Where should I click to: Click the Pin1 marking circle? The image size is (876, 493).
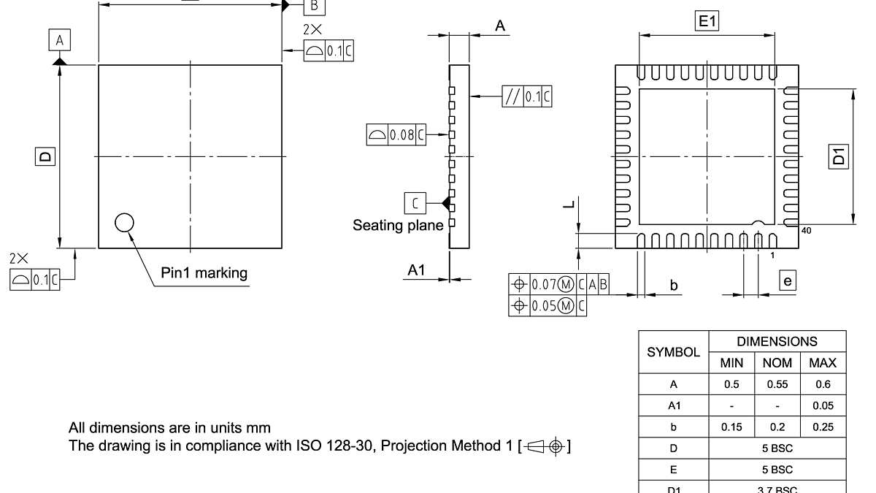pos(124,222)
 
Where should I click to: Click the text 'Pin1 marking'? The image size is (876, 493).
pos(204,273)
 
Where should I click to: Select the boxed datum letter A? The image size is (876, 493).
pos(59,40)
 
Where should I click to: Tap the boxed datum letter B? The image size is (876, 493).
pos(314,5)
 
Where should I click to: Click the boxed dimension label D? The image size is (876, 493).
pos(45,156)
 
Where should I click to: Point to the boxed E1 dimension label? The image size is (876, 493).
pos(707,23)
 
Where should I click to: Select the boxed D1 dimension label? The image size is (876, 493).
pos(839,156)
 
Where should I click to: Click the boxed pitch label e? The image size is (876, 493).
pos(786,280)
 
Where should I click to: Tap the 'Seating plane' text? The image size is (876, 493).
pos(398,225)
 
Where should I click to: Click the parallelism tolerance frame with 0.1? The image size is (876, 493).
pos(526,96)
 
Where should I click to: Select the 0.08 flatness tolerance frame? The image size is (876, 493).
pos(396,134)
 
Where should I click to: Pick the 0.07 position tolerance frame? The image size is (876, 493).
pos(558,284)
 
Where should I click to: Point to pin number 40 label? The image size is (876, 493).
pos(806,230)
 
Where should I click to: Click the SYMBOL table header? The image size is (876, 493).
pos(674,352)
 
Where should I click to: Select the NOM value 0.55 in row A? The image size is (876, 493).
pos(777,384)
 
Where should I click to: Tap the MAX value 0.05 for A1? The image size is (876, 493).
pos(823,406)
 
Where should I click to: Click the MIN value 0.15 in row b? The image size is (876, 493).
pos(731,427)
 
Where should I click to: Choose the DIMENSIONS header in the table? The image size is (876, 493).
pos(777,341)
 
